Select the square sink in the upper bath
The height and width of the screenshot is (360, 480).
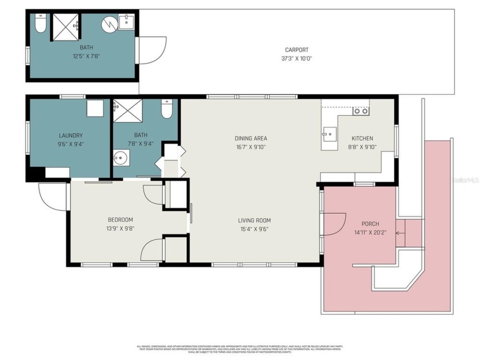pyautogui.click(x=127, y=23)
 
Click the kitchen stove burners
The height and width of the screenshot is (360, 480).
pyautogui.click(x=361, y=111)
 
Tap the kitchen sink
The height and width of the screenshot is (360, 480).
pyautogui.click(x=329, y=136)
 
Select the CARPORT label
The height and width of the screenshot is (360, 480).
pyautogui.click(x=297, y=50)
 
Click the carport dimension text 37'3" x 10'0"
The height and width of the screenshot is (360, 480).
pyautogui.click(x=297, y=58)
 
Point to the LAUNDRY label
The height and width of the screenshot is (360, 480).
pyautogui.click(x=71, y=136)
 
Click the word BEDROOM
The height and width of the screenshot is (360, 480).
pyautogui.click(x=120, y=220)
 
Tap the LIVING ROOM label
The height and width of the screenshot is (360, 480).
pyautogui.click(x=254, y=221)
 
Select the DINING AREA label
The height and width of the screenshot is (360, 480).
pyautogui.click(x=251, y=138)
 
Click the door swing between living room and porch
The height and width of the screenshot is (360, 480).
pyautogui.click(x=335, y=223)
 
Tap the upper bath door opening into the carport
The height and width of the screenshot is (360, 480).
pyautogui.click(x=151, y=50)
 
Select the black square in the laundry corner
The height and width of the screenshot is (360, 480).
pyautogui.click(x=37, y=173)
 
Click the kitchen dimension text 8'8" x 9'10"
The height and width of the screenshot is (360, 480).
pyautogui.click(x=362, y=147)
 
